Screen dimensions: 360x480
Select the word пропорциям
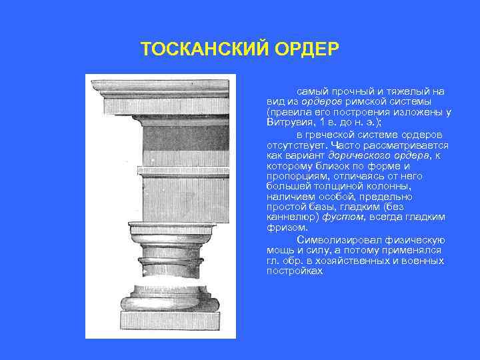click(x=296, y=177)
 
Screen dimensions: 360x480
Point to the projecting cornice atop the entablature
click(x=161, y=87)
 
